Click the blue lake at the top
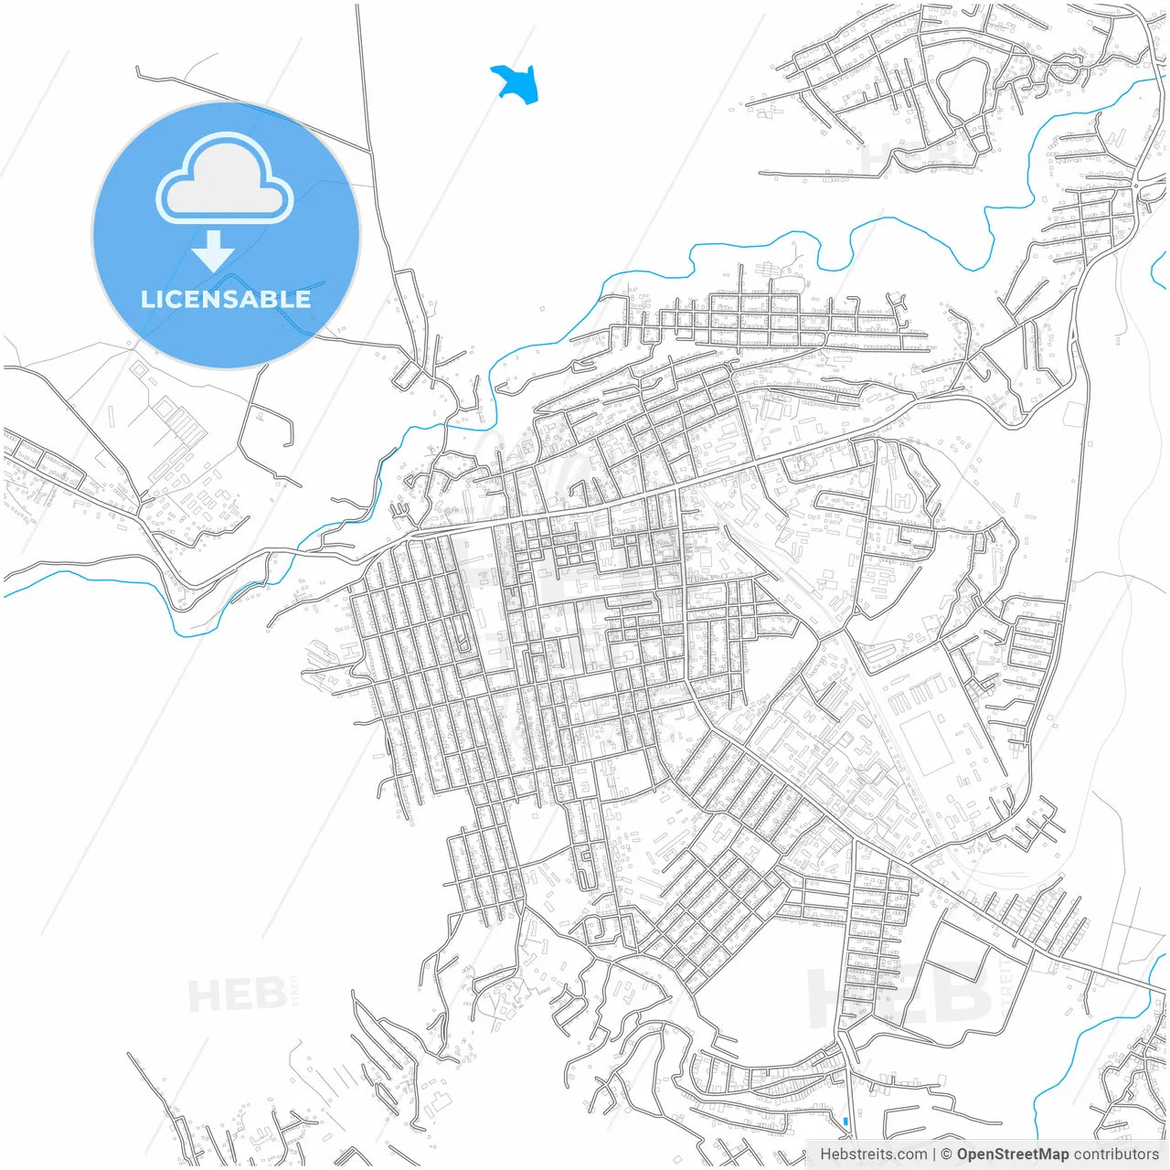pyautogui.click(x=516, y=82)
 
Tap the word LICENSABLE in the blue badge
pyautogui.click(x=226, y=299)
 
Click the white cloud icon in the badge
pyautogui.click(x=225, y=179)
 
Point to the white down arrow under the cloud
pyautogui.click(x=214, y=250)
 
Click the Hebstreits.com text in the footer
pyautogui.click(x=872, y=1154)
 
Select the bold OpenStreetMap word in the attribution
pyautogui.click(x=1013, y=1154)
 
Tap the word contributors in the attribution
pyautogui.click(x=1115, y=1154)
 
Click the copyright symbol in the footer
pyautogui.click(x=947, y=1154)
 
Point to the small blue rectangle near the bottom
pyautogui.click(x=846, y=1121)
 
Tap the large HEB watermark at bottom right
pyautogui.click(x=900, y=994)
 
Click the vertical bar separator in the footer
pyautogui.click(x=933, y=1154)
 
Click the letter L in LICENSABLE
pyautogui.click(x=147, y=299)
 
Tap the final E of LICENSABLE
pyautogui.click(x=302, y=299)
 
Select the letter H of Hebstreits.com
pyautogui.click(x=825, y=1154)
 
